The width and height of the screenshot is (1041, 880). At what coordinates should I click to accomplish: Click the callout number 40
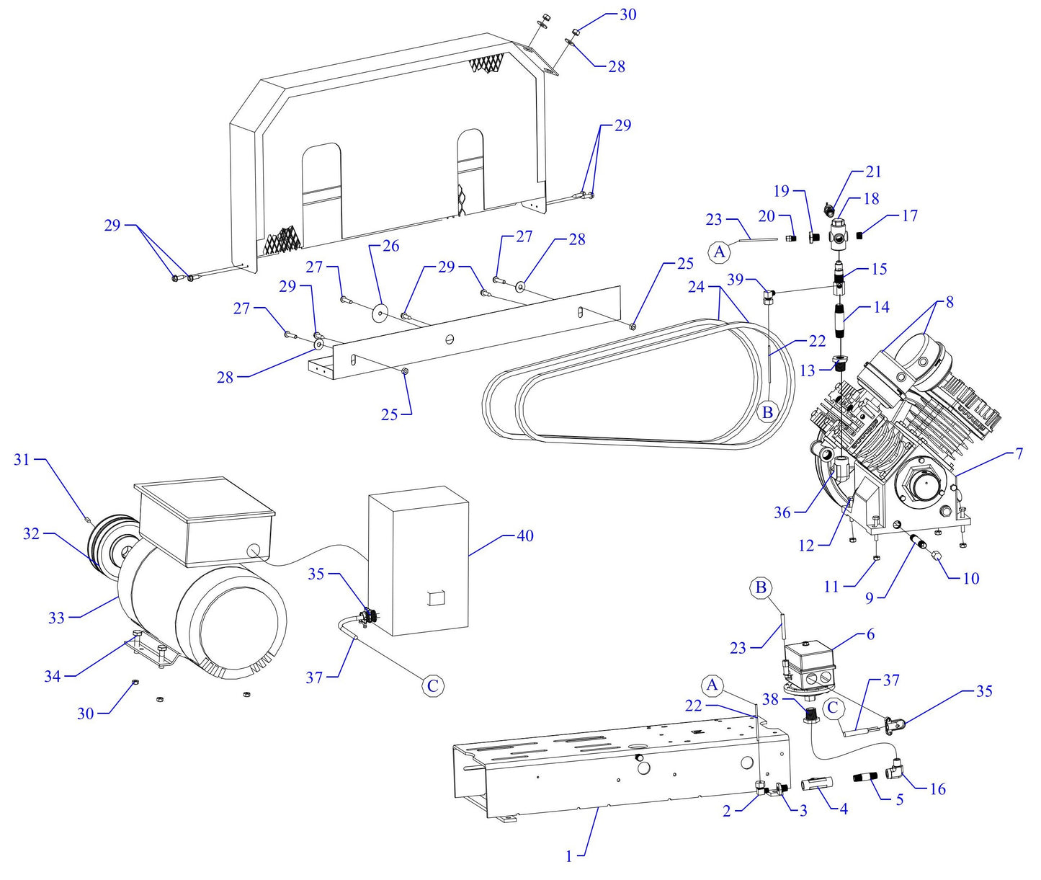(524, 535)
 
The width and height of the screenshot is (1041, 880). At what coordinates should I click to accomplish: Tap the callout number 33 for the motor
(56, 618)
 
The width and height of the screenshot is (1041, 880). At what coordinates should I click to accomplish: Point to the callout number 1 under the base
(568, 856)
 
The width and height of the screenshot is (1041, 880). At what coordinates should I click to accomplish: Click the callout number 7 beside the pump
(1019, 453)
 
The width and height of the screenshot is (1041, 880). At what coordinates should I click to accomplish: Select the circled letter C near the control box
(432, 685)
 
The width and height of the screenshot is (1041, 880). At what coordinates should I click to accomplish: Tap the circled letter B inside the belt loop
(767, 412)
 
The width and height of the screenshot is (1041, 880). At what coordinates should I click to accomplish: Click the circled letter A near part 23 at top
(718, 252)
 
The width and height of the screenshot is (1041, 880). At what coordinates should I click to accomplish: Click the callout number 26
(390, 246)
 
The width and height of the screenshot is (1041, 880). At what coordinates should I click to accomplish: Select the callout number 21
(873, 172)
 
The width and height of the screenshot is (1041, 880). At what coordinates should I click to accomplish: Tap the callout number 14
(881, 307)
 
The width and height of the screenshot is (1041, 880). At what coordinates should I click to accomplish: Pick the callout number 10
(970, 578)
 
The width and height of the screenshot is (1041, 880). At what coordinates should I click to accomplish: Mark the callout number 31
(22, 459)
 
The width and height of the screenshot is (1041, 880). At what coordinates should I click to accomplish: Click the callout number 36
(782, 512)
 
